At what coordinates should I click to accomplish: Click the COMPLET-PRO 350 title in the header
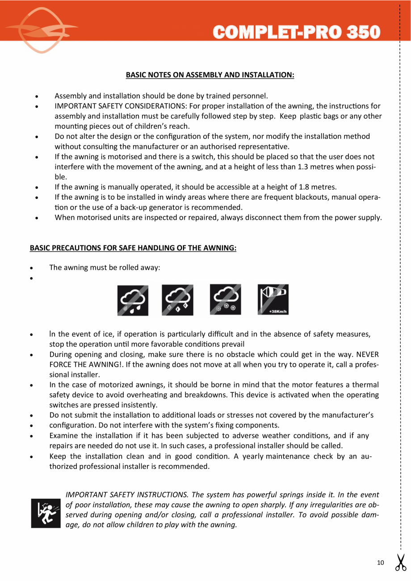coord(297,32)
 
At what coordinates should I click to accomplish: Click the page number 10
coord(380,563)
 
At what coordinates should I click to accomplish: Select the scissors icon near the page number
coord(400,562)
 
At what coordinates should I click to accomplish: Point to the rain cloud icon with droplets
coord(133,300)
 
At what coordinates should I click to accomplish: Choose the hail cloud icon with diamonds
coord(177,300)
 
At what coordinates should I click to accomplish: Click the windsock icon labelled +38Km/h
coord(273,300)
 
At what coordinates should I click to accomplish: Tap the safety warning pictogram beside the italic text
coord(45,513)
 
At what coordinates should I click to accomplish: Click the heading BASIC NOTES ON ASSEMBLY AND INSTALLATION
coord(210,75)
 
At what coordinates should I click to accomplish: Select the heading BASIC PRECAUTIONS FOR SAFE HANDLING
coord(133,248)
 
